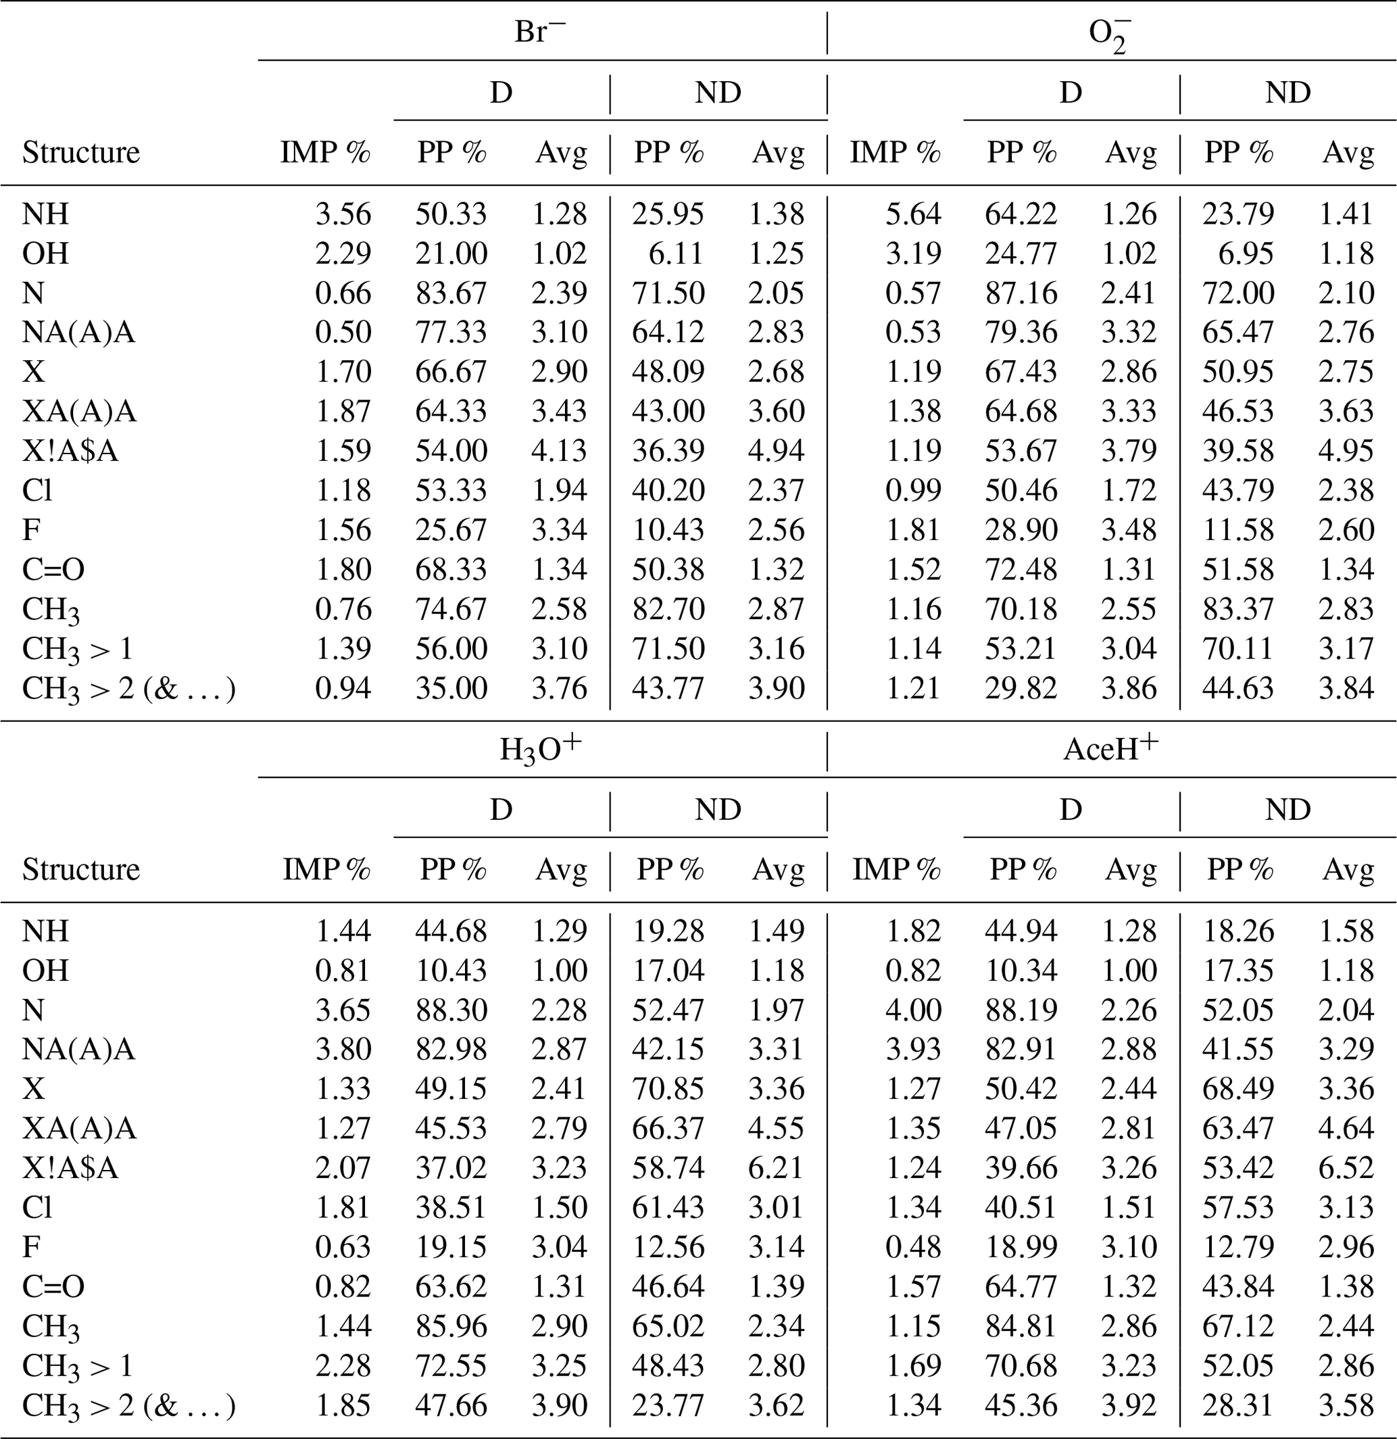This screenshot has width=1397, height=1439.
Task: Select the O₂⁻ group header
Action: pyautogui.click(x=1109, y=34)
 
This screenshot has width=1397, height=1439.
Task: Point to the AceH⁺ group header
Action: pyautogui.click(x=1110, y=749)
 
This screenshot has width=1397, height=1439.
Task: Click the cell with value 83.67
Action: pyautogui.click(x=451, y=293)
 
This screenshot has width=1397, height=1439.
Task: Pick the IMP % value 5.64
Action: pyautogui.click(x=912, y=214)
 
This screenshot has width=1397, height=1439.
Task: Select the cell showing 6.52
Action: pyautogui.click(x=1346, y=1167)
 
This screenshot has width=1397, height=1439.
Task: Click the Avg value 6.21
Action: pyautogui.click(x=777, y=1167)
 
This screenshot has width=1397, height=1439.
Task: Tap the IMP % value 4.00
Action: pyautogui.click(x=912, y=1010)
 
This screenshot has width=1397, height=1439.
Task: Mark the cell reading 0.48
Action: pyautogui.click(x=912, y=1246)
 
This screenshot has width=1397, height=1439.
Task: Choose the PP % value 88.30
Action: pyautogui.click(x=451, y=1010)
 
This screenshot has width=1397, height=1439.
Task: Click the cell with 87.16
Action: pyautogui.click(x=1021, y=293)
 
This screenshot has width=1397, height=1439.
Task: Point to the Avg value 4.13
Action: pyautogui.click(x=560, y=450)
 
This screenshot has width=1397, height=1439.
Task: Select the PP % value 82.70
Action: pyautogui.click(x=668, y=608)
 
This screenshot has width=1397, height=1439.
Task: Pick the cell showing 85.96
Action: pyautogui.click(x=451, y=1326)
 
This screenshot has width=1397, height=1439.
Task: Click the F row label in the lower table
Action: pyautogui.click(x=31, y=1246)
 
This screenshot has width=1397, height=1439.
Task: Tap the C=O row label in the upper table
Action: pyautogui.click(x=53, y=569)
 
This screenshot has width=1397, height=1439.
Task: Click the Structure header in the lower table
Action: pyautogui.click(x=80, y=869)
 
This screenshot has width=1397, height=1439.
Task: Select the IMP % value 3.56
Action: pyautogui.click(x=343, y=214)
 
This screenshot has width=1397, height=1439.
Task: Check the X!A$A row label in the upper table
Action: pyautogui.click(x=70, y=450)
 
